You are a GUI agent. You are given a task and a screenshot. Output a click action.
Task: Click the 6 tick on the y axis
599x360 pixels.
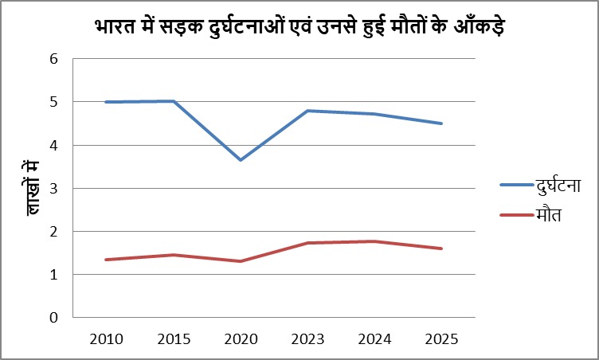(54, 59)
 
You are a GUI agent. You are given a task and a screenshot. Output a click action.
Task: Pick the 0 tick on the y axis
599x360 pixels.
(54, 318)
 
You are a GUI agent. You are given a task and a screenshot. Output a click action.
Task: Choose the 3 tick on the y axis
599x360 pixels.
(54, 189)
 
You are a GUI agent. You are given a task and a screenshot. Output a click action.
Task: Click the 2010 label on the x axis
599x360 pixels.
(106, 338)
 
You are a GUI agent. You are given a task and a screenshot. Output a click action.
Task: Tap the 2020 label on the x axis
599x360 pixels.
(241, 338)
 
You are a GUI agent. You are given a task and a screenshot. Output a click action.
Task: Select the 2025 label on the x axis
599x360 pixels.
(440, 338)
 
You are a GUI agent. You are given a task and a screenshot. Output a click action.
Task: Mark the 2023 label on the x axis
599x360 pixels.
(307, 338)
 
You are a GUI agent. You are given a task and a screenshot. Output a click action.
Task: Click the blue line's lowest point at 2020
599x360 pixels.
(241, 160)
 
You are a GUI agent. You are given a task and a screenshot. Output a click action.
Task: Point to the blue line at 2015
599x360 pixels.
(173, 101)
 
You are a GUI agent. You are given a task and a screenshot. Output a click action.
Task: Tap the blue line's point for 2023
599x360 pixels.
(307, 111)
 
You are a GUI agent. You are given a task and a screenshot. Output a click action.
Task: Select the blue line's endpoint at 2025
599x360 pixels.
(441, 123)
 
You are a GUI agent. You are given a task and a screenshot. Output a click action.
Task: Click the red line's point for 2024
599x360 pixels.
(374, 241)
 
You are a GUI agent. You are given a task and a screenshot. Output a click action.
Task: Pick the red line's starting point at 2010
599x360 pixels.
(106, 260)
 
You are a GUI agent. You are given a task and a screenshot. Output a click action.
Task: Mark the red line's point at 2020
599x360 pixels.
(241, 261)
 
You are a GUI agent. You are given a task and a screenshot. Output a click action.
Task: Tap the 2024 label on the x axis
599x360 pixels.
(374, 338)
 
